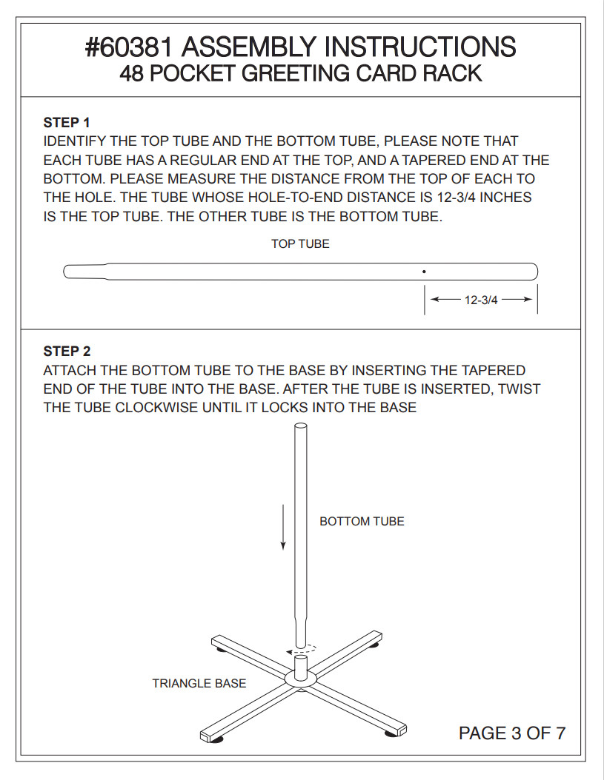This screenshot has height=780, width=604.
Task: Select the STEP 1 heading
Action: click(67, 122)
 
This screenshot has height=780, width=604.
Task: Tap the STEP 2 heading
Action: click(67, 352)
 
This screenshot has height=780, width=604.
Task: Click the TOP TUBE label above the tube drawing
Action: click(300, 243)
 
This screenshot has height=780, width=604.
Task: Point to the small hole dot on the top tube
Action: click(424, 272)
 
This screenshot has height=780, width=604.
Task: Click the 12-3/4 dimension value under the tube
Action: click(481, 300)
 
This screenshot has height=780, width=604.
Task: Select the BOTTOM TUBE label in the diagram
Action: click(362, 521)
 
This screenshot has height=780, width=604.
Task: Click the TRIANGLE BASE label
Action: click(199, 684)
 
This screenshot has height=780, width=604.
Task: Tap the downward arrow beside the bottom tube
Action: click(283, 527)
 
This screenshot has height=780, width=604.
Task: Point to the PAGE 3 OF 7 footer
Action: click(512, 733)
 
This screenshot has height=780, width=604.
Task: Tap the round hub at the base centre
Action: click(301, 679)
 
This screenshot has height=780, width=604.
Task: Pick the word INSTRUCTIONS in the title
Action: click(420, 47)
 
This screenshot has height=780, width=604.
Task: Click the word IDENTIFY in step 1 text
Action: click(76, 141)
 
